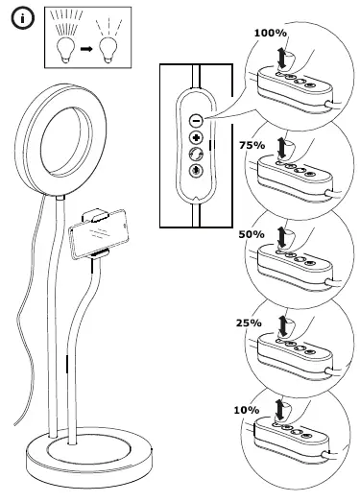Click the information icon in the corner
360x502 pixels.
[x=19, y=18]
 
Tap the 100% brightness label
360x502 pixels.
[x=270, y=33]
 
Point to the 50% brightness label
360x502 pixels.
[x=252, y=234]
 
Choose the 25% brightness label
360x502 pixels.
[x=249, y=323]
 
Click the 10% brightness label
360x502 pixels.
[x=246, y=410]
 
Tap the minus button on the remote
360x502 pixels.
[x=196, y=121]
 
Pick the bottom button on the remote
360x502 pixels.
[x=196, y=172]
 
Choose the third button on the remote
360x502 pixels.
[x=196, y=155]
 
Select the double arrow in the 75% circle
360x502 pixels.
[x=281, y=148]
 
